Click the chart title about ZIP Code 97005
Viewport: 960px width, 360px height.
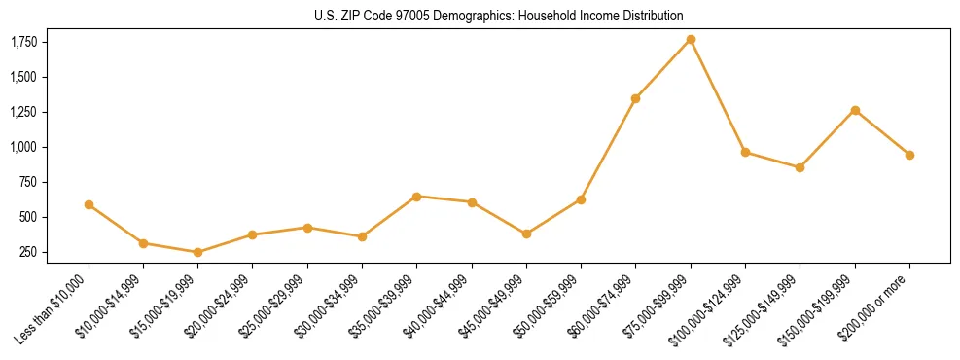499,16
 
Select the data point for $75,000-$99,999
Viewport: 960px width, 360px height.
691,39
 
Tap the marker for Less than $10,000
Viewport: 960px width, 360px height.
89,204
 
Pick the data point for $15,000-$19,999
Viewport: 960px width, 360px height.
198,252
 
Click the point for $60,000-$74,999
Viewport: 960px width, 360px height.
636,98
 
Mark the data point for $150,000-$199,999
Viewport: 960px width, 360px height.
855,110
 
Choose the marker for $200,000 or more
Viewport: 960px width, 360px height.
909,155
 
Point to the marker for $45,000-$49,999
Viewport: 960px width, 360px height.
526,234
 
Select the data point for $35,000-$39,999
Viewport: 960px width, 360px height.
417,197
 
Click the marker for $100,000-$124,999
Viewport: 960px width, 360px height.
745,152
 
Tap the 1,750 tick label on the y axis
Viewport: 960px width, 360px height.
23,42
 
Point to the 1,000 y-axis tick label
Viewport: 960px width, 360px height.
23,147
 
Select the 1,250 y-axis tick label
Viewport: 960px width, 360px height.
23,112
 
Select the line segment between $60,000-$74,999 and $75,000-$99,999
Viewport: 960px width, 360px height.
663,68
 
